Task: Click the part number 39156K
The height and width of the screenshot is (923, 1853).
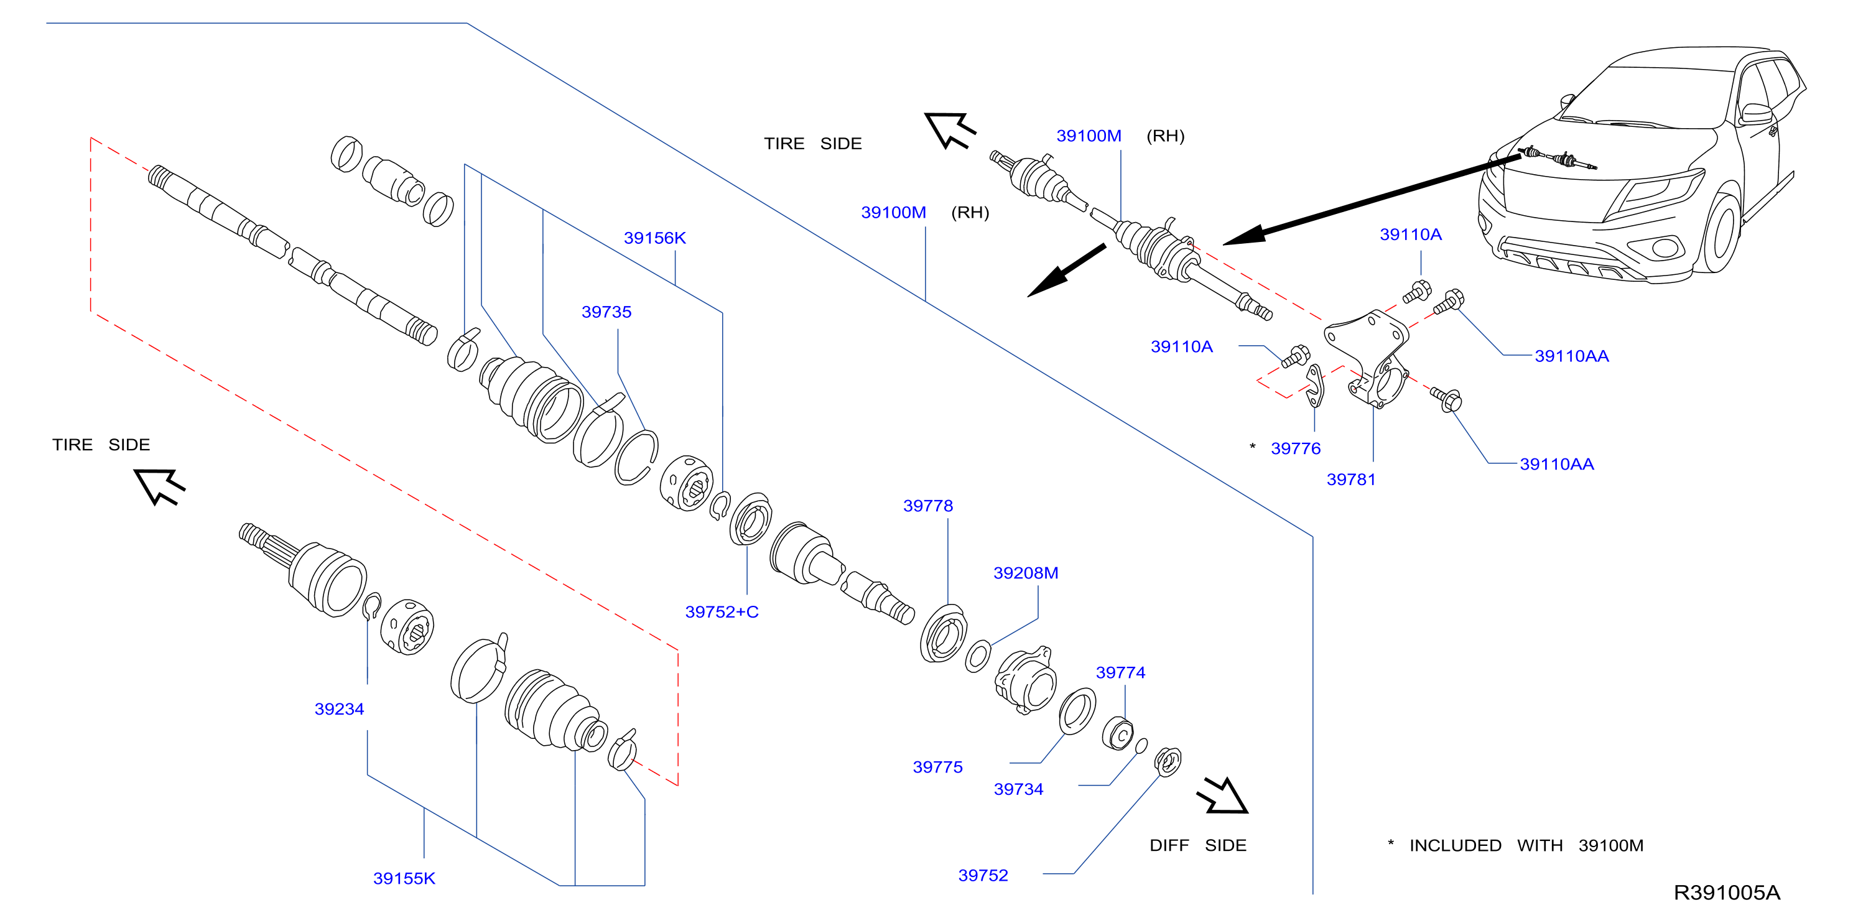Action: pos(654,238)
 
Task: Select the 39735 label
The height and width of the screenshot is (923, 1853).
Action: pos(606,312)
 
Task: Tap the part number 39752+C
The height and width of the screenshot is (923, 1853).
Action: pos(722,612)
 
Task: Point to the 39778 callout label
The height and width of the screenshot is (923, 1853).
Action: pos(928,506)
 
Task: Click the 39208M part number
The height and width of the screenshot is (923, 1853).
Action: pos(1026,573)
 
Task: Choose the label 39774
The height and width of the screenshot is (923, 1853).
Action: pos(1121,672)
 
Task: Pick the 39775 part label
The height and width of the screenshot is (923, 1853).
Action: pos(937,768)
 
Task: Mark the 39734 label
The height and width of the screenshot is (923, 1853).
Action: pos(1019,790)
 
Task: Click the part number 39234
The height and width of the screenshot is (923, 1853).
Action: pos(340,709)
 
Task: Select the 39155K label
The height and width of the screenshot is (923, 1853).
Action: pos(404,879)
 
